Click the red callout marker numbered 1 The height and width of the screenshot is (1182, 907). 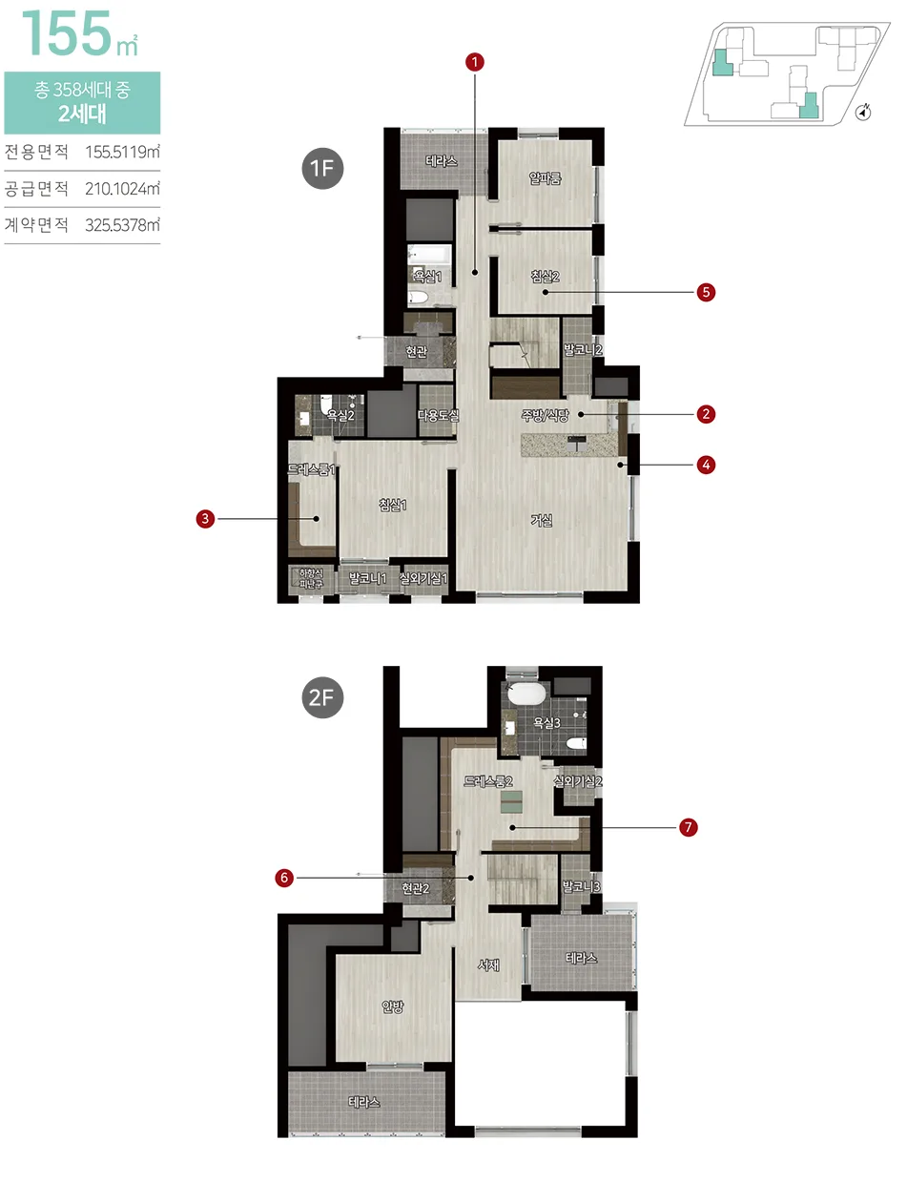pos(474,62)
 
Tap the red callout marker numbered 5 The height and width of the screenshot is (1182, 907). pos(705,292)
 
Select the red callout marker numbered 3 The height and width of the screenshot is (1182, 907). pos(205,518)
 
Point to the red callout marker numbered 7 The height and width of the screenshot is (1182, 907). pos(688,827)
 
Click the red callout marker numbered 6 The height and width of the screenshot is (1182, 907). pos(284,878)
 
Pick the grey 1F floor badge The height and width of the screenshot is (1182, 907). pos(322,168)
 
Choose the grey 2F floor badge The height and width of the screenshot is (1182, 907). pos(322,697)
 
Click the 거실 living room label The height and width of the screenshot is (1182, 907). pos(542,521)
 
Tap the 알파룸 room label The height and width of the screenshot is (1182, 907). pos(545,177)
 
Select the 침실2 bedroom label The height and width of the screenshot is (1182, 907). pos(545,277)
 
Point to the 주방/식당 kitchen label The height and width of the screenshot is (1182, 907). pos(545,416)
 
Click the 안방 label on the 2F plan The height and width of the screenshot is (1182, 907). pos(393,1006)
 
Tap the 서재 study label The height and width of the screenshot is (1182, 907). pos(488,964)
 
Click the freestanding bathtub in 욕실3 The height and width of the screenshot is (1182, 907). pos(526,695)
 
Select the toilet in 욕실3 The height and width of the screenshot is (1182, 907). pos(576,743)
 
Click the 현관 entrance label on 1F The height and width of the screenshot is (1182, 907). pos(417,351)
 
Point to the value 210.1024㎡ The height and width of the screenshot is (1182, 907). pos(122,189)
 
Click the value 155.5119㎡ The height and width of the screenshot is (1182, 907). pos(122,152)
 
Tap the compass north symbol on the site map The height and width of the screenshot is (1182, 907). pos(863,113)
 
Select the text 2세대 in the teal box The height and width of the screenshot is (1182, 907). pos(82,114)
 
